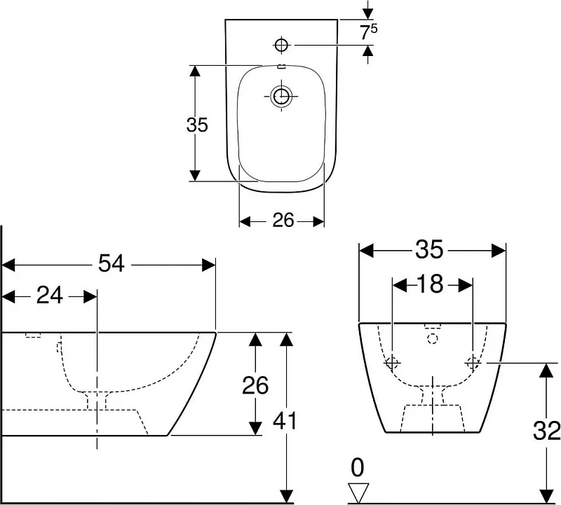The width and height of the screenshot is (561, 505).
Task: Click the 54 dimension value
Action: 111,264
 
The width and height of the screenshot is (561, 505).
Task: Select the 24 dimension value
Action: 49,296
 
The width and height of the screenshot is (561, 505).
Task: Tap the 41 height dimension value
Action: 285,421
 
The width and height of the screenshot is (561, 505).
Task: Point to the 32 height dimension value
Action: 546,430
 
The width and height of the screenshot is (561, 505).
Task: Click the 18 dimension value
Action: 432,284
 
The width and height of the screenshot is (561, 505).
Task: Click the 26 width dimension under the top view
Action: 283,220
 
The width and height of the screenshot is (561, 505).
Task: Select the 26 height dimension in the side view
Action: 255,385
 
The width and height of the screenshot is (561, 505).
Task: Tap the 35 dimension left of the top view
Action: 197,125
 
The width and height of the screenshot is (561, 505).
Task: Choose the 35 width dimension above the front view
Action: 429,249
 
